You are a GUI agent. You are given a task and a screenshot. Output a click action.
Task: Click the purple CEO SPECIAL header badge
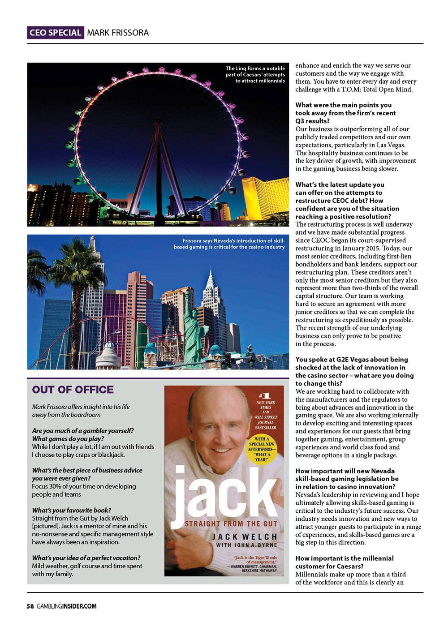click(x=55, y=33)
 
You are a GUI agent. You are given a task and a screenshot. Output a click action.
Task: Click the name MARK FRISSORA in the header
click(x=118, y=33)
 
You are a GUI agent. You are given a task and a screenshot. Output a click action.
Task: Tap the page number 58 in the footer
click(x=30, y=606)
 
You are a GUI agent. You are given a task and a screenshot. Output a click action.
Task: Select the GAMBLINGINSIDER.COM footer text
click(x=67, y=606)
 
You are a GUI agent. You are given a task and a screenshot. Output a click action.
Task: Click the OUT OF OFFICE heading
click(x=73, y=390)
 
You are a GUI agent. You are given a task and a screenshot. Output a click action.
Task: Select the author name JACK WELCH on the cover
click(x=245, y=536)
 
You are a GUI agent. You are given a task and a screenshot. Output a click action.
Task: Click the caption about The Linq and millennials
click(x=255, y=75)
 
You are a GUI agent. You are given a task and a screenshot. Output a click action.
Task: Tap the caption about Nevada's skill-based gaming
click(x=229, y=244)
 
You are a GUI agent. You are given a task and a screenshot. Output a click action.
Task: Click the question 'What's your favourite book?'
click(x=72, y=510)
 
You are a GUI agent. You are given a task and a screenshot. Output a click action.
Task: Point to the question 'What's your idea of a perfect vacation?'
click(x=86, y=558)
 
